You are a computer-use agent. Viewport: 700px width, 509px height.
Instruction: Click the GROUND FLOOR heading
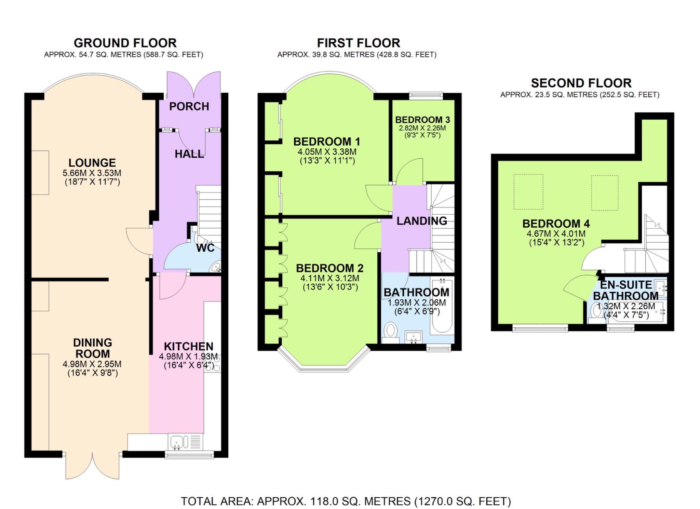point(125,43)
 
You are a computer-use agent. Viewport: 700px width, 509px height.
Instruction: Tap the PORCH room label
point(189,107)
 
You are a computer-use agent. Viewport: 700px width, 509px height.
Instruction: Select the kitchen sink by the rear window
point(177,442)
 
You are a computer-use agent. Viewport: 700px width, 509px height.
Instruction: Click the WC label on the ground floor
point(205,248)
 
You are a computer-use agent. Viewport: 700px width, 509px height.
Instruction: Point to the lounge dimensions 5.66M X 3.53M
point(92,173)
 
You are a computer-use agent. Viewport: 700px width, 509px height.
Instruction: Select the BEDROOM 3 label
point(422,120)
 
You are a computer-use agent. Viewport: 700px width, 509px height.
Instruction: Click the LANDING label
point(421,221)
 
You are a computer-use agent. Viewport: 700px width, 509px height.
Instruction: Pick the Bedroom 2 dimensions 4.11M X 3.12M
point(330,278)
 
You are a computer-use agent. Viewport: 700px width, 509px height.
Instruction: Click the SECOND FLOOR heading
point(581,83)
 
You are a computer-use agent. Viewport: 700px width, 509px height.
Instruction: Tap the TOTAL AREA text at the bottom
point(346,501)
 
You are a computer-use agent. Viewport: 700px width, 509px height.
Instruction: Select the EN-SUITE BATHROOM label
point(626,290)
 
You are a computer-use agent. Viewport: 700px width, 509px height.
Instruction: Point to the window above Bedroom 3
point(426,95)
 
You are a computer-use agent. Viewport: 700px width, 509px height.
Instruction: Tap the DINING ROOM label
point(92,348)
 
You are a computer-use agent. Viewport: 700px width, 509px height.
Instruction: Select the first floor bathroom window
point(439,348)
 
